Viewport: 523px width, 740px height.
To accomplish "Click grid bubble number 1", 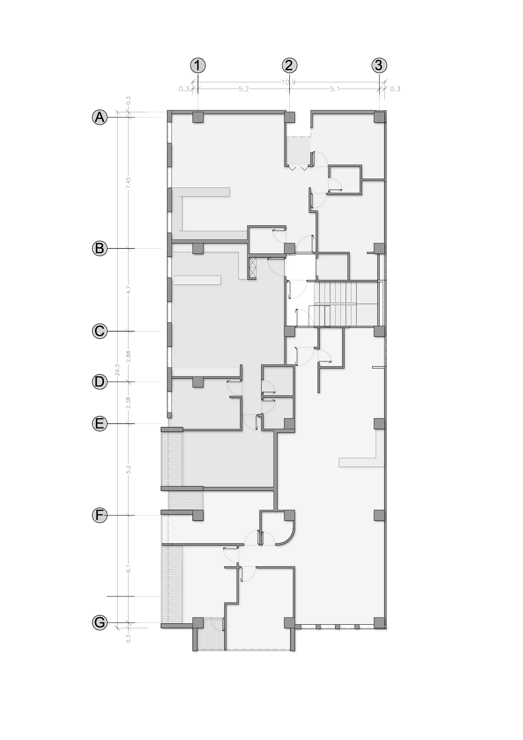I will pos(198,65).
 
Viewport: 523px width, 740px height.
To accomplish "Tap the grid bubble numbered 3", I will pos(379,65).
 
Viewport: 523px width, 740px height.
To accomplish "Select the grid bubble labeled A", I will pos(100,117).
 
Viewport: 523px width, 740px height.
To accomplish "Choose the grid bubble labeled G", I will pos(100,623).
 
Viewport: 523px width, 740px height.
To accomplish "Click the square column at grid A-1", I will pos(198,117).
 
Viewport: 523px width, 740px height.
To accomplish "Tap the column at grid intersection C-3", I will pos(379,331).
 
